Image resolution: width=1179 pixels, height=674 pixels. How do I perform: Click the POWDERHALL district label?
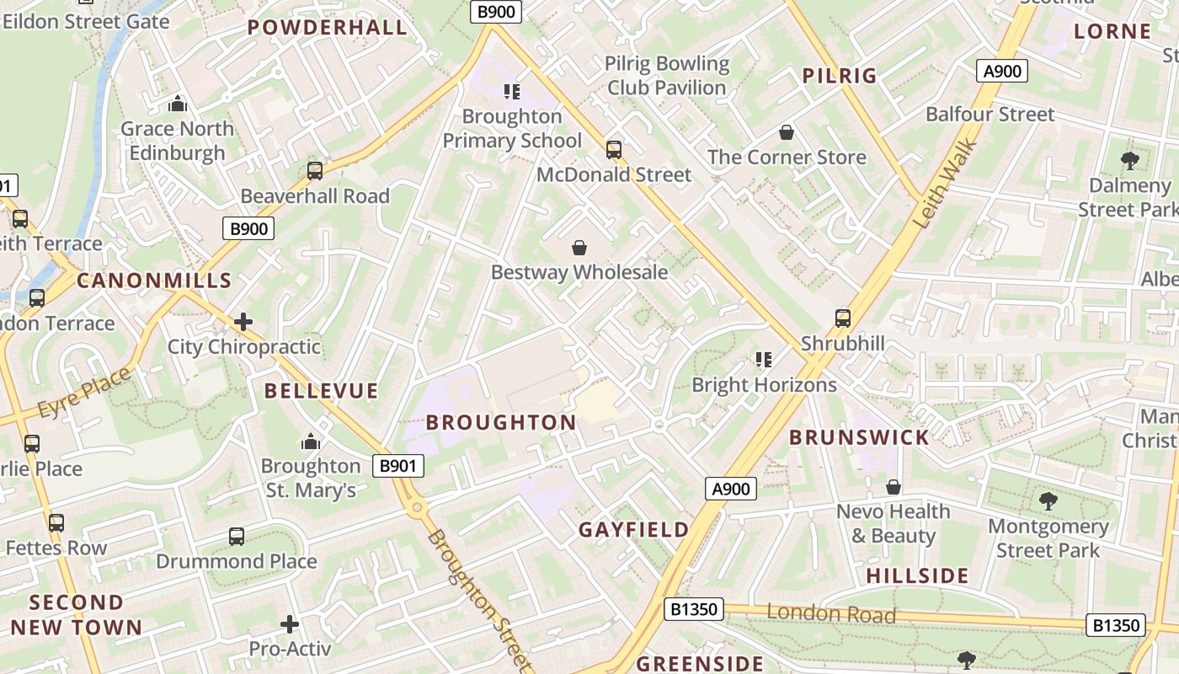(328, 27)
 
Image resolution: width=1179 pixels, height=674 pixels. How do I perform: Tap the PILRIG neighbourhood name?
(840, 76)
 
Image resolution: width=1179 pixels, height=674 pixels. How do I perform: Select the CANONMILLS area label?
(154, 281)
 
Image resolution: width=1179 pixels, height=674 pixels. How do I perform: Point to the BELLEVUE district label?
(322, 391)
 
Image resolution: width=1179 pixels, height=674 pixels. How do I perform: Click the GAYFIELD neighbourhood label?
(634, 530)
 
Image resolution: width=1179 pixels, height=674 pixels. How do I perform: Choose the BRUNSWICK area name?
(859, 436)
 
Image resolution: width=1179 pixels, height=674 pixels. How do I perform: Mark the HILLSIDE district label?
(917, 576)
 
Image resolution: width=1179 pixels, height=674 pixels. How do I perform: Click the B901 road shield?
(397, 465)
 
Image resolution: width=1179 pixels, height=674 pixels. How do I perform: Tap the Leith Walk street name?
(946, 184)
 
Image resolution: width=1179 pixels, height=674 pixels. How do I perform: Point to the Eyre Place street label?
(85, 393)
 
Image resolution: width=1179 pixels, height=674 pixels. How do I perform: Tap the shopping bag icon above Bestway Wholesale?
(579, 248)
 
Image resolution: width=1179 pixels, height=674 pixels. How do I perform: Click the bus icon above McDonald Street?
(614, 150)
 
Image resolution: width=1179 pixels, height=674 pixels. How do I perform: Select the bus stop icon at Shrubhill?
(843, 318)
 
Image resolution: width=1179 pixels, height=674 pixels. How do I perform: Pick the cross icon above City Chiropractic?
(243, 322)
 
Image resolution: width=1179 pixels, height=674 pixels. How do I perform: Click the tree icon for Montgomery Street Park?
(1048, 502)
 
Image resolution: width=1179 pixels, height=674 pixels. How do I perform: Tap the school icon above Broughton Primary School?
(512, 91)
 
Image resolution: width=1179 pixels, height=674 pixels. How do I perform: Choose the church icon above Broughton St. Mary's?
(311, 441)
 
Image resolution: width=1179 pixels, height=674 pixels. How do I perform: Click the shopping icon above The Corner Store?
(787, 132)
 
